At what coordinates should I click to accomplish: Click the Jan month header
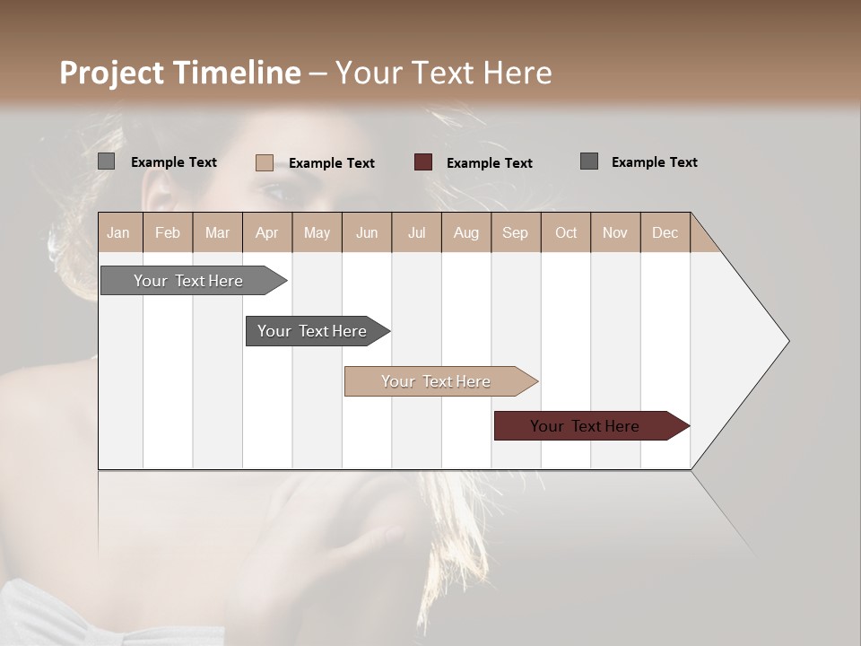point(118,232)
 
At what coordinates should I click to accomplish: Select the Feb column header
point(168,232)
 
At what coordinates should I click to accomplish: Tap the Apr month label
point(266,232)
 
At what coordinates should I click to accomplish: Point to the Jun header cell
point(367,232)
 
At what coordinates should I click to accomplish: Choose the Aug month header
point(465,232)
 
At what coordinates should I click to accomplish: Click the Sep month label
point(515,232)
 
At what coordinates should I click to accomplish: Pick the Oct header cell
point(566,232)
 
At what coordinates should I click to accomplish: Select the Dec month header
point(665,232)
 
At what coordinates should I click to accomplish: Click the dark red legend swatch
point(423,162)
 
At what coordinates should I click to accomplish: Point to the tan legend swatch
point(264,162)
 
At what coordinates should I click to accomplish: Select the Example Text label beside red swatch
point(489,162)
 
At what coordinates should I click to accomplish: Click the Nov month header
point(614,232)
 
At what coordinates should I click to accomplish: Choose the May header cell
point(317,232)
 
